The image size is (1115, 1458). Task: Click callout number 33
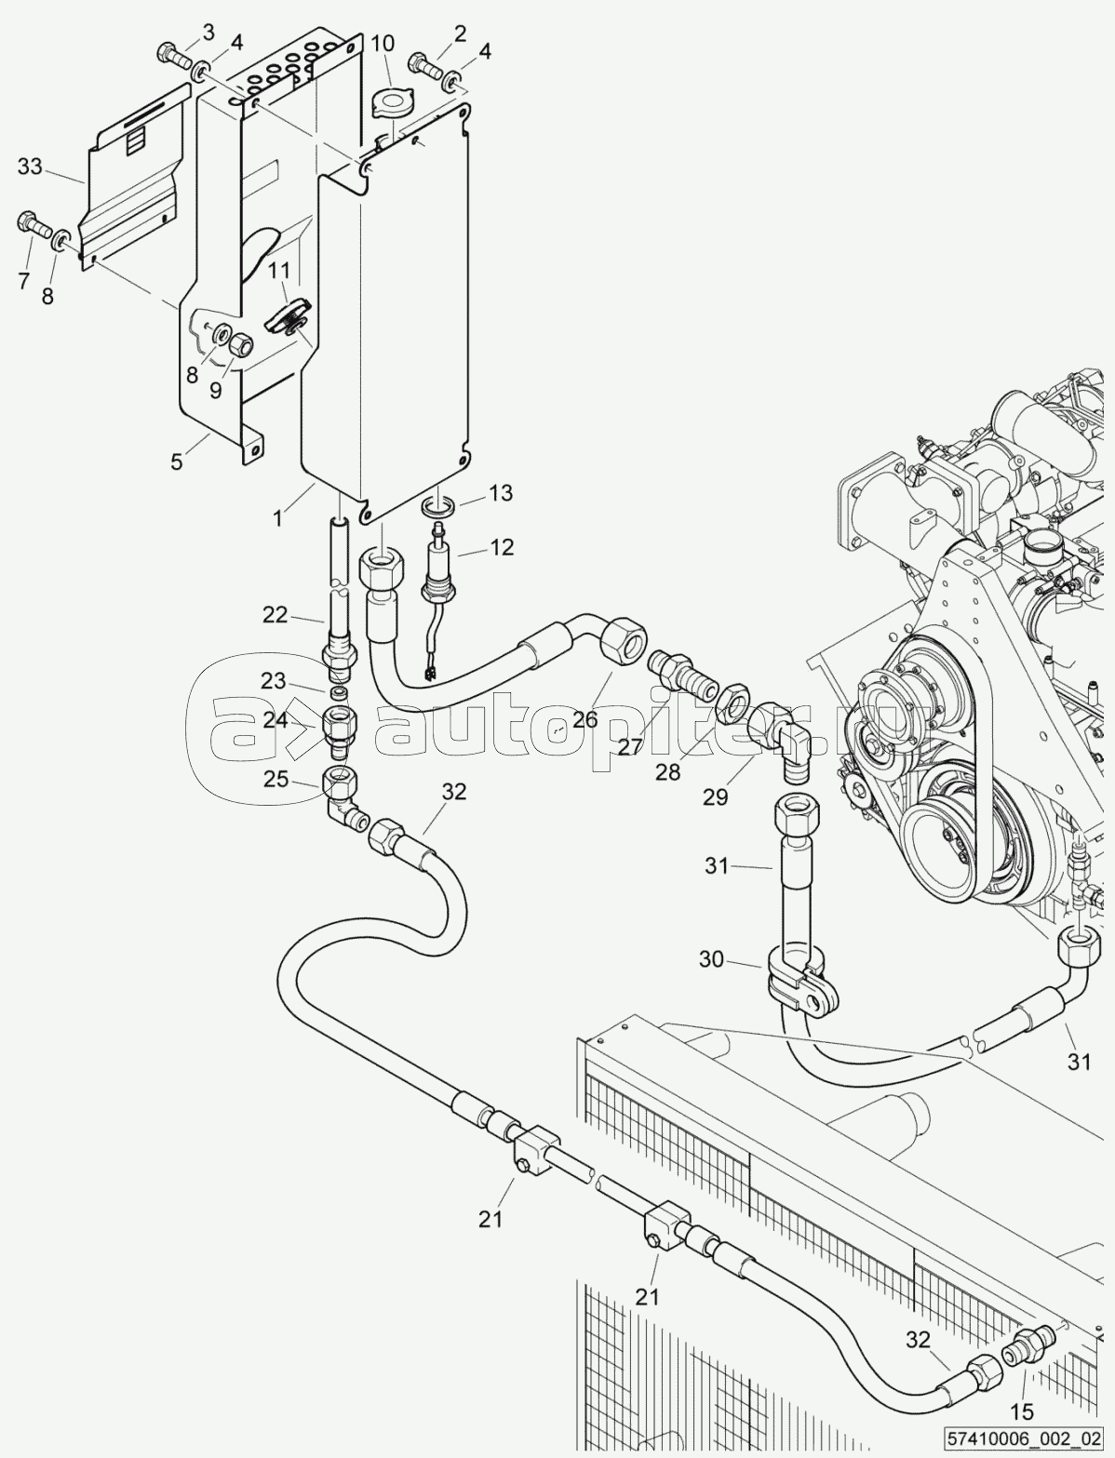coord(29,167)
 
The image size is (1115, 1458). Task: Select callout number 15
coord(1023,1407)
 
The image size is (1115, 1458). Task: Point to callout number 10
coord(383,44)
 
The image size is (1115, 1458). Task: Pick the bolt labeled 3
coord(174,57)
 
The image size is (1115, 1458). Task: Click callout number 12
coord(502,547)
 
